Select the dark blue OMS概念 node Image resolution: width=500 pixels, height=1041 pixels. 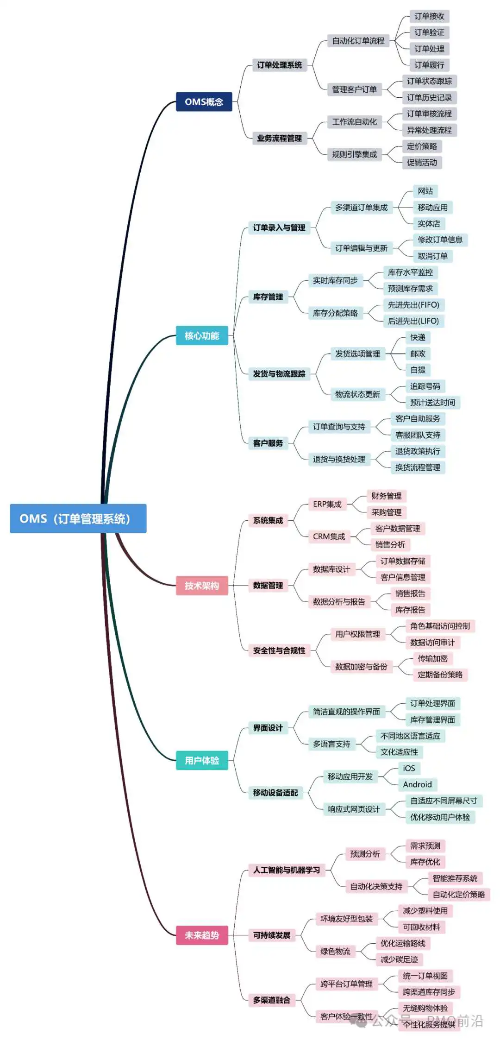click(x=204, y=101)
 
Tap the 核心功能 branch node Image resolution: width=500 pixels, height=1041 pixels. click(x=202, y=335)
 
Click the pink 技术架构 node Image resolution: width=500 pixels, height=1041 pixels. click(x=202, y=586)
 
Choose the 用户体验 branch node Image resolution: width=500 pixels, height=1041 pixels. click(x=202, y=760)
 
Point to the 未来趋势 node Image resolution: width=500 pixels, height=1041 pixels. click(x=202, y=935)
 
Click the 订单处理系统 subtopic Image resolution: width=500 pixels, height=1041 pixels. click(x=279, y=65)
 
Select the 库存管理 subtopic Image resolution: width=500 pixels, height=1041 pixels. click(x=268, y=297)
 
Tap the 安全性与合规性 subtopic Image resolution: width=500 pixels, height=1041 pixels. click(x=279, y=650)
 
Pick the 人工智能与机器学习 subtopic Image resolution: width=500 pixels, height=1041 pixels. click(x=286, y=870)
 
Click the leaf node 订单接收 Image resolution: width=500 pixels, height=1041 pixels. click(x=429, y=16)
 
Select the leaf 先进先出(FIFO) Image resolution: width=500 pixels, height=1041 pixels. click(x=413, y=305)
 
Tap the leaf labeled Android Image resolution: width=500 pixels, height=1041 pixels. click(x=417, y=784)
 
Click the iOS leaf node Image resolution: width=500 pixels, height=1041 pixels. click(x=409, y=768)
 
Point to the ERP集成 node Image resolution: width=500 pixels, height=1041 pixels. click(x=327, y=504)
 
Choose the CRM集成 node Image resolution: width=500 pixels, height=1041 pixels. click(x=329, y=536)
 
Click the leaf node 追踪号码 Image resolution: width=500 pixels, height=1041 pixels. click(x=425, y=386)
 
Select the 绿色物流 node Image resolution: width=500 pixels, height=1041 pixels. click(x=335, y=951)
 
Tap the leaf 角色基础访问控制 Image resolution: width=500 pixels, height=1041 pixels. click(x=440, y=626)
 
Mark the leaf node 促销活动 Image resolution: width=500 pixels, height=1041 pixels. click(x=422, y=163)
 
